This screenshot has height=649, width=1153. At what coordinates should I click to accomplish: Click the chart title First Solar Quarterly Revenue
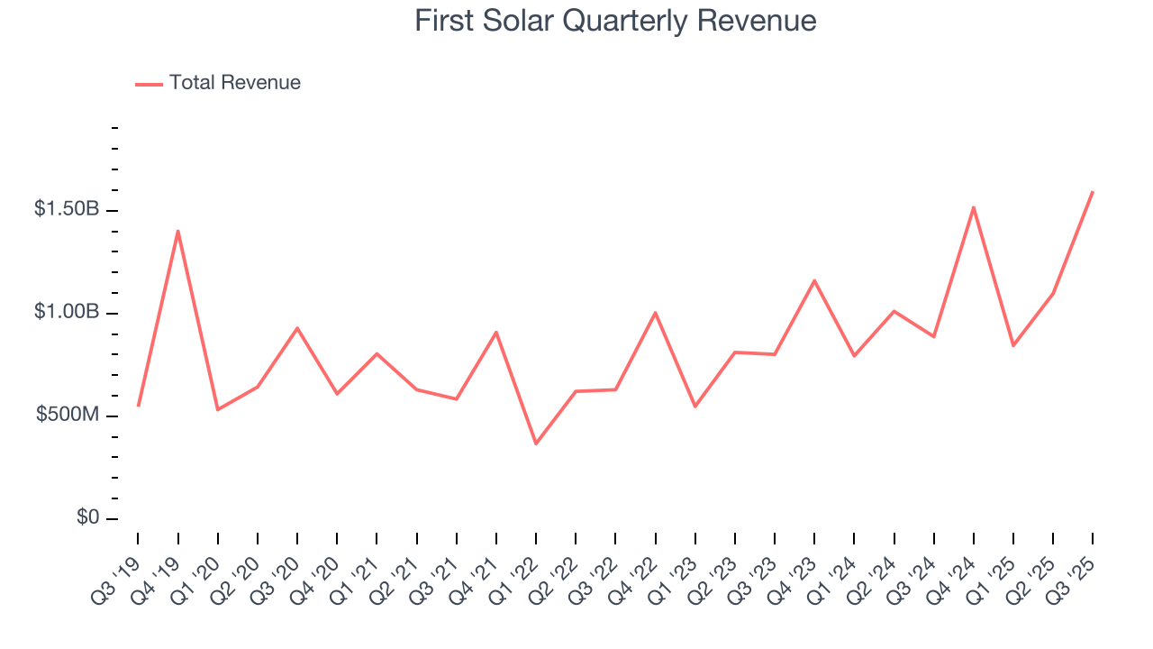point(615,21)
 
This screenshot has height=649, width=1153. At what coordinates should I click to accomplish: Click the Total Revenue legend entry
point(234,83)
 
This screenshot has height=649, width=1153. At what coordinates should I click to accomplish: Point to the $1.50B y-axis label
point(67,209)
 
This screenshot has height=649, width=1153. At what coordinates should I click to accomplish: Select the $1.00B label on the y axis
point(67,312)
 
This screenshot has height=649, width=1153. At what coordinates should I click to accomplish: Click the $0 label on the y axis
point(86,517)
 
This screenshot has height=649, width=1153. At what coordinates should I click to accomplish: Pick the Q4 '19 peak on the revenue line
point(177,231)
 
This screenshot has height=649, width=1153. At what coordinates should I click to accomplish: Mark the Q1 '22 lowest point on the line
point(536,443)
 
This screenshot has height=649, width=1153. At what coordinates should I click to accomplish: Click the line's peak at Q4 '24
point(974,207)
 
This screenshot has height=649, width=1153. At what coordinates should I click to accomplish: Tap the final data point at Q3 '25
point(1093,191)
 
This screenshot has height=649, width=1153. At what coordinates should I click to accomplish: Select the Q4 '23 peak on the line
point(814,280)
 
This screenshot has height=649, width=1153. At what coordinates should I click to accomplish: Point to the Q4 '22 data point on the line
point(655,313)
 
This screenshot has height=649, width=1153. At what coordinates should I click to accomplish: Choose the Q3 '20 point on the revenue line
point(297,328)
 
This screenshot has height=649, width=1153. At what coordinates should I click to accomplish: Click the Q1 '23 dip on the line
point(695,407)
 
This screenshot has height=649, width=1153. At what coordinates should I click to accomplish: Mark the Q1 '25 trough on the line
point(1013,345)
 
